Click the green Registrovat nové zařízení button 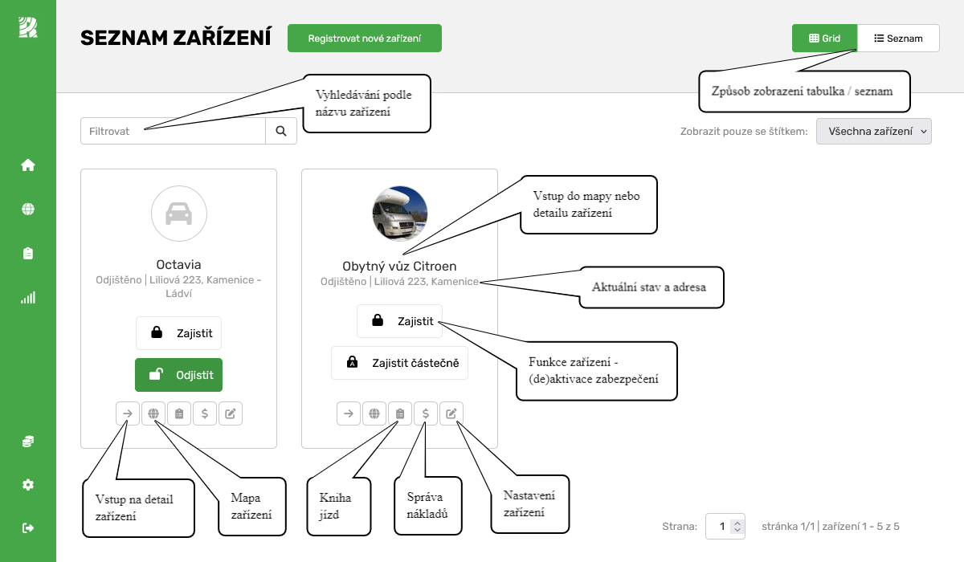click(365, 39)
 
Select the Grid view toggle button click(824, 39)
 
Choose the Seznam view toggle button click(898, 39)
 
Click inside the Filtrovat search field click(173, 131)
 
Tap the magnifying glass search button click(281, 131)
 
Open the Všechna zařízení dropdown click(873, 131)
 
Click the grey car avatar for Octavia click(178, 214)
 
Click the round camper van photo click(399, 214)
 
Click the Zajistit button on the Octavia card click(178, 333)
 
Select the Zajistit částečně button click(399, 363)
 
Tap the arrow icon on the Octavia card click(127, 413)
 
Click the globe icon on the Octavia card click(153, 413)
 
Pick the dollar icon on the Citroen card click(426, 413)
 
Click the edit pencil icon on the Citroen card click(451, 413)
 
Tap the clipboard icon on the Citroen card click(400, 413)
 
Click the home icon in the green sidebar click(28, 165)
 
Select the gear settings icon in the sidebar click(28, 485)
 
